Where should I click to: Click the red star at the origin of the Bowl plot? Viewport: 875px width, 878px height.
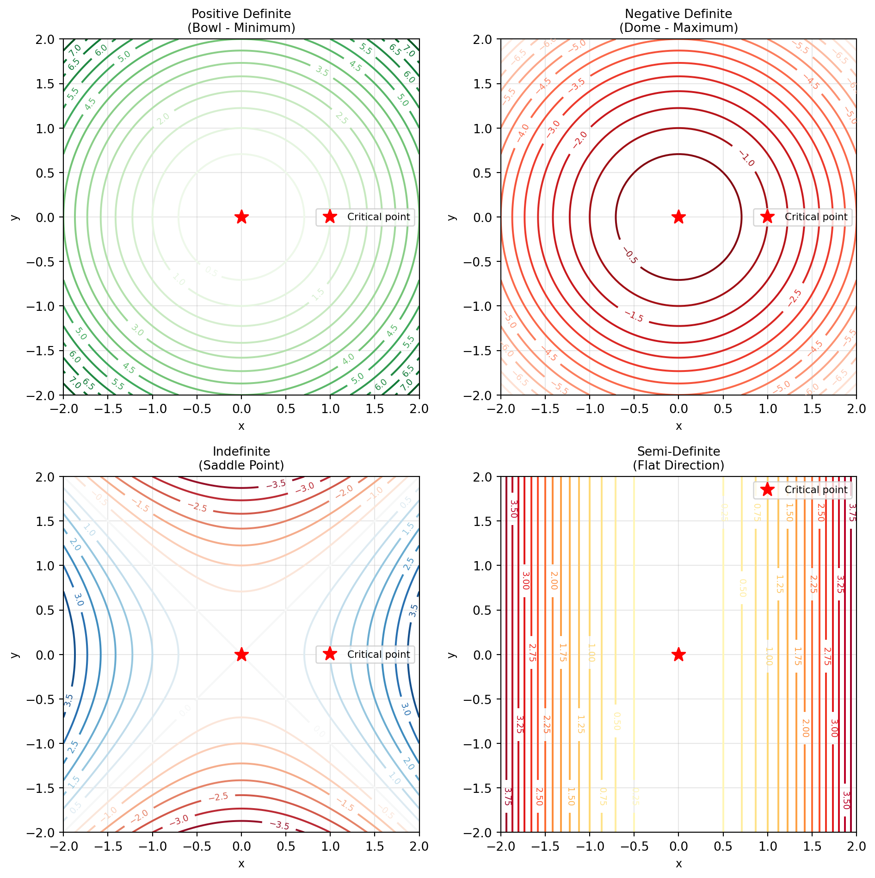tap(241, 216)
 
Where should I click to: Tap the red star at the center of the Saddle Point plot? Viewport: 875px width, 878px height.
tap(241, 654)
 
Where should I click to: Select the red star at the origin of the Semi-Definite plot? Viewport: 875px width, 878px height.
tap(678, 654)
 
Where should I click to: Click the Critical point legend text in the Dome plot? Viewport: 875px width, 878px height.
tap(816, 217)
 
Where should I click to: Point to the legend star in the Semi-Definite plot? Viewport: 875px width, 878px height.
tap(767, 489)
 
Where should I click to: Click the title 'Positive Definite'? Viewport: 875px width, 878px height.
tap(241, 14)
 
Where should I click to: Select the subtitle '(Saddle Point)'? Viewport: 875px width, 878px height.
tap(241, 465)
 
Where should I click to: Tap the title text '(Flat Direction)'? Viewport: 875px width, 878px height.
tap(678, 465)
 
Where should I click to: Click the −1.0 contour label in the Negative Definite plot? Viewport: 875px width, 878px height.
tap(747, 159)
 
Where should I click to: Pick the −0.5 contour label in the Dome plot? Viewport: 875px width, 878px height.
tap(630, 255)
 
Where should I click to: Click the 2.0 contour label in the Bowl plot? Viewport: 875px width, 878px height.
tap(163, 119)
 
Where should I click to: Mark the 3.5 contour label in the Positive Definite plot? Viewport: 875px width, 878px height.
tap(322, 71)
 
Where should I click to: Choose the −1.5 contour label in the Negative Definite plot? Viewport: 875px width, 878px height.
tap(634, 316)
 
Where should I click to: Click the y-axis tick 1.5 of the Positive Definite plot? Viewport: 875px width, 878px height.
tap(45, 84)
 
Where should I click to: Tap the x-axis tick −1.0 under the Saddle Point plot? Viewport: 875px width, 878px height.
tap(152, 847)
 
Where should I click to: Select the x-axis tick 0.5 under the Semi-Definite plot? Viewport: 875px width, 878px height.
tap(723, 847)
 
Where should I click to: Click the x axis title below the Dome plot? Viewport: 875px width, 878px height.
tap(678, 426)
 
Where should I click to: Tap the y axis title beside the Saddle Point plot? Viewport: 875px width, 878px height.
tap(15, 655)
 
